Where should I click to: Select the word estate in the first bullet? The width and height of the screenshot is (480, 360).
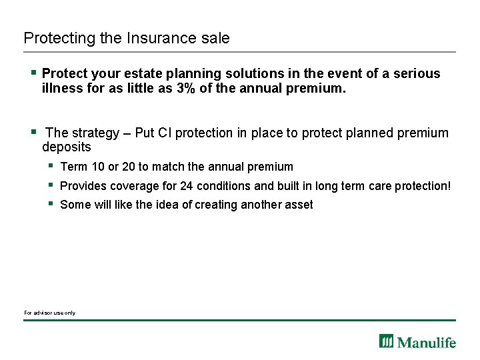point(142,73)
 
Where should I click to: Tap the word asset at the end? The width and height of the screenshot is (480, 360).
point(298,205)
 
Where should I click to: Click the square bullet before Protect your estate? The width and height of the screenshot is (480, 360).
point(32,72)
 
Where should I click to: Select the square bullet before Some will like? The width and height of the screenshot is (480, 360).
point(51,203)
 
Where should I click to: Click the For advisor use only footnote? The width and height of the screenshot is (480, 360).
point(49,313)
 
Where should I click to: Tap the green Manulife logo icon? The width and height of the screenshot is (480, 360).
point(387,341)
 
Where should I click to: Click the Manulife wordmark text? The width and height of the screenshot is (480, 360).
point(427,343)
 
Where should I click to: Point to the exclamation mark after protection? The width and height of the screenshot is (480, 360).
point(450,186)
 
